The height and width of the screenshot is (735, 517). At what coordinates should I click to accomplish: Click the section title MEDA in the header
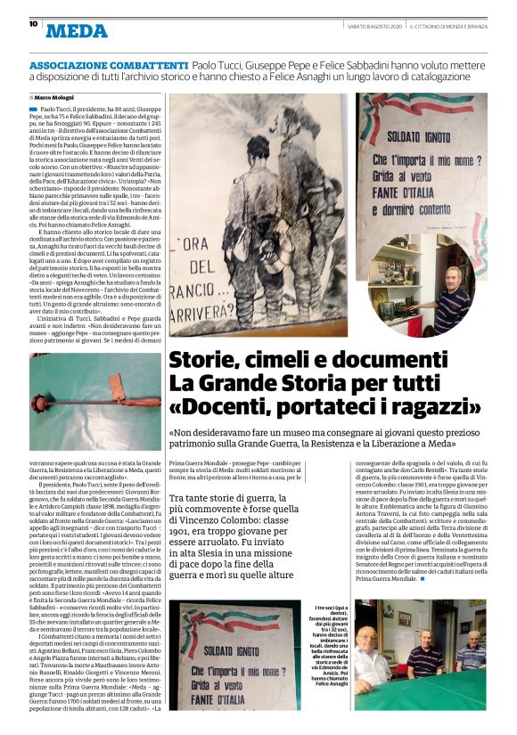(76, 31)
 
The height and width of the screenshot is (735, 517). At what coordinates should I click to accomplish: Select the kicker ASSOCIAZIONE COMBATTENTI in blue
(108, 67)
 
